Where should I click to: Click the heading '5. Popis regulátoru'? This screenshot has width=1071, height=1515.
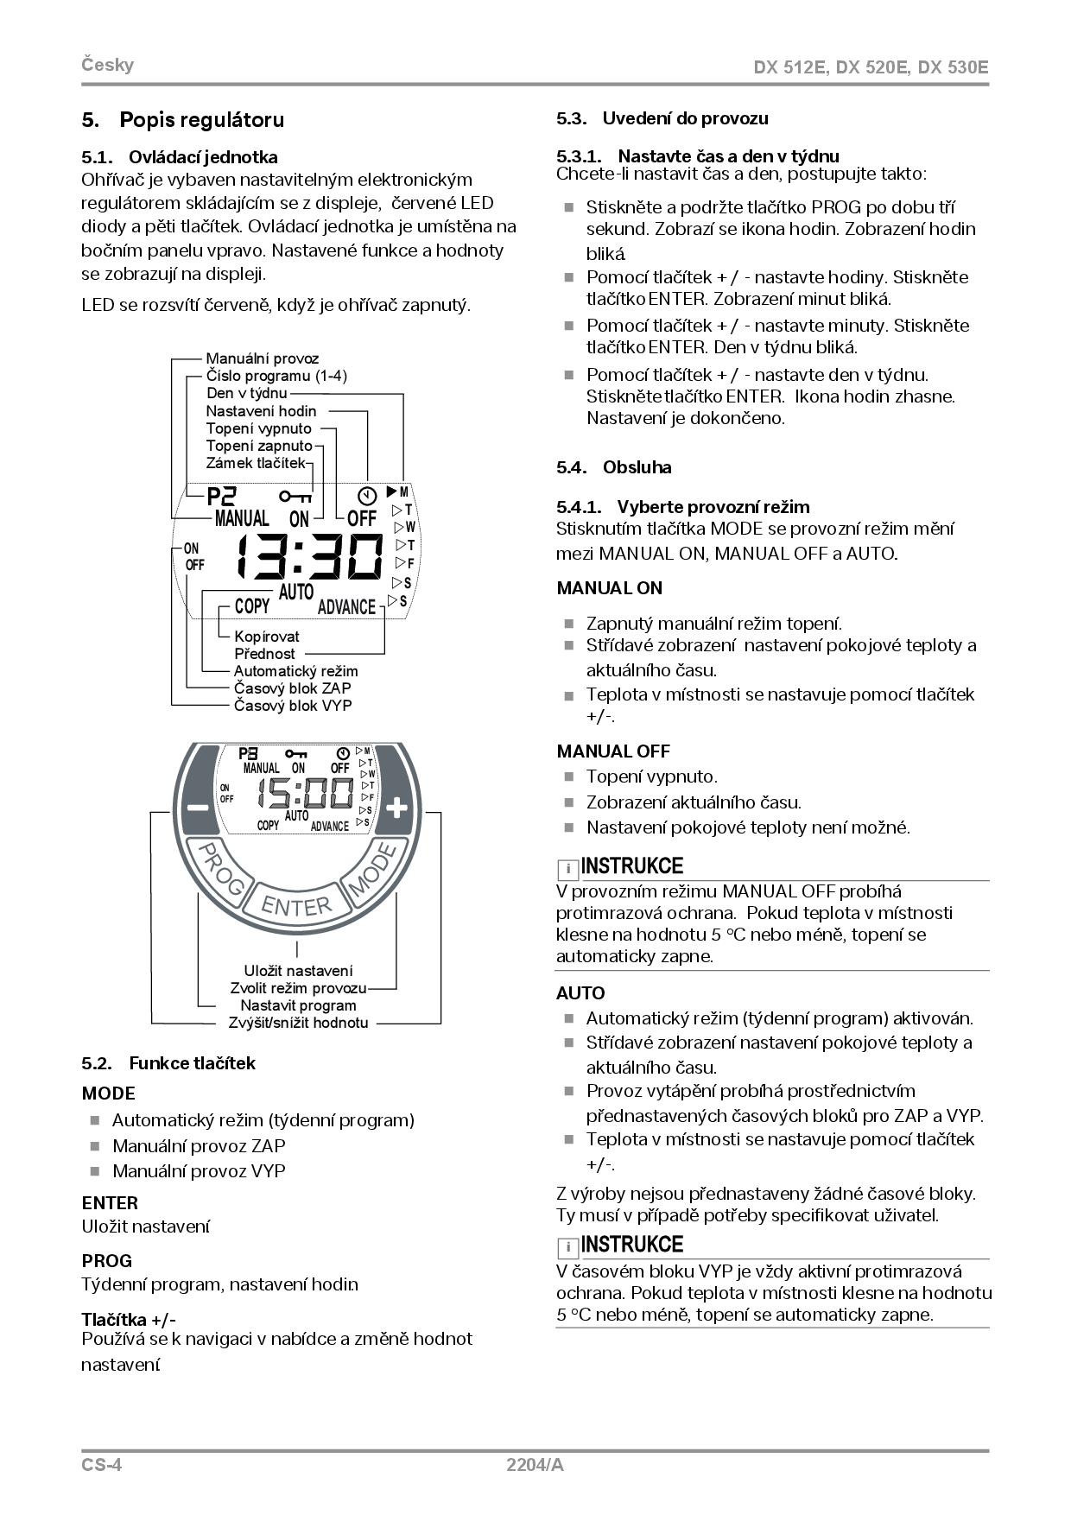pyautogui.click(x=183, y=120)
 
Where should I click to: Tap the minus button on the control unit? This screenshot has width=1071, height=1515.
pyautogui.click(x=198, y=807)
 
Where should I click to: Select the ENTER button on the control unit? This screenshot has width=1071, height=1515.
pyautogui.click(x=296, y=905)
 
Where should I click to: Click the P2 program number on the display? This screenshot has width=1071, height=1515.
pyautogui.click(x=221, y=496)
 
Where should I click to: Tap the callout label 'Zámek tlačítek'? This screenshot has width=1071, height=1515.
pyautogui.click(x=256, y=463)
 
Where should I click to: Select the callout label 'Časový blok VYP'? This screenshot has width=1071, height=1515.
pyautogui.click(x=293, y=706)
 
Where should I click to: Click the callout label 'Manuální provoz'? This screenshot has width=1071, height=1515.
pyautogui.click(x=262, y=358)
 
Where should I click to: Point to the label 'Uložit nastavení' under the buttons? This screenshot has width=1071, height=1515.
pyautogui.click(x=298, y=971)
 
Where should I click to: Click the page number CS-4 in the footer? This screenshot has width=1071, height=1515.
pyautogui.click(x=102, y=1465)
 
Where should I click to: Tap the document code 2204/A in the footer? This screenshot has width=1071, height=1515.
pyautogui.click(x=535, y=1465)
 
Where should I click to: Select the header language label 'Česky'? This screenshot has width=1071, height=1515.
pyautogui.click(x=108, y=65)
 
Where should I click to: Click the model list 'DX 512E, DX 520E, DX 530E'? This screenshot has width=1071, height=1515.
pyautogui.click(x=871, y=67)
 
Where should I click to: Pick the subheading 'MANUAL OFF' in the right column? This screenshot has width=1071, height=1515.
pyautogui.click(x=613, y=751)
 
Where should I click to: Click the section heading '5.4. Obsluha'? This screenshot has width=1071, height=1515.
pyautogui.click(x=614, y=467)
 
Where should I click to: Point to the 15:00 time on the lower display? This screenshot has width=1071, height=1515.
pyautogui.click(x=308, y=793)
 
